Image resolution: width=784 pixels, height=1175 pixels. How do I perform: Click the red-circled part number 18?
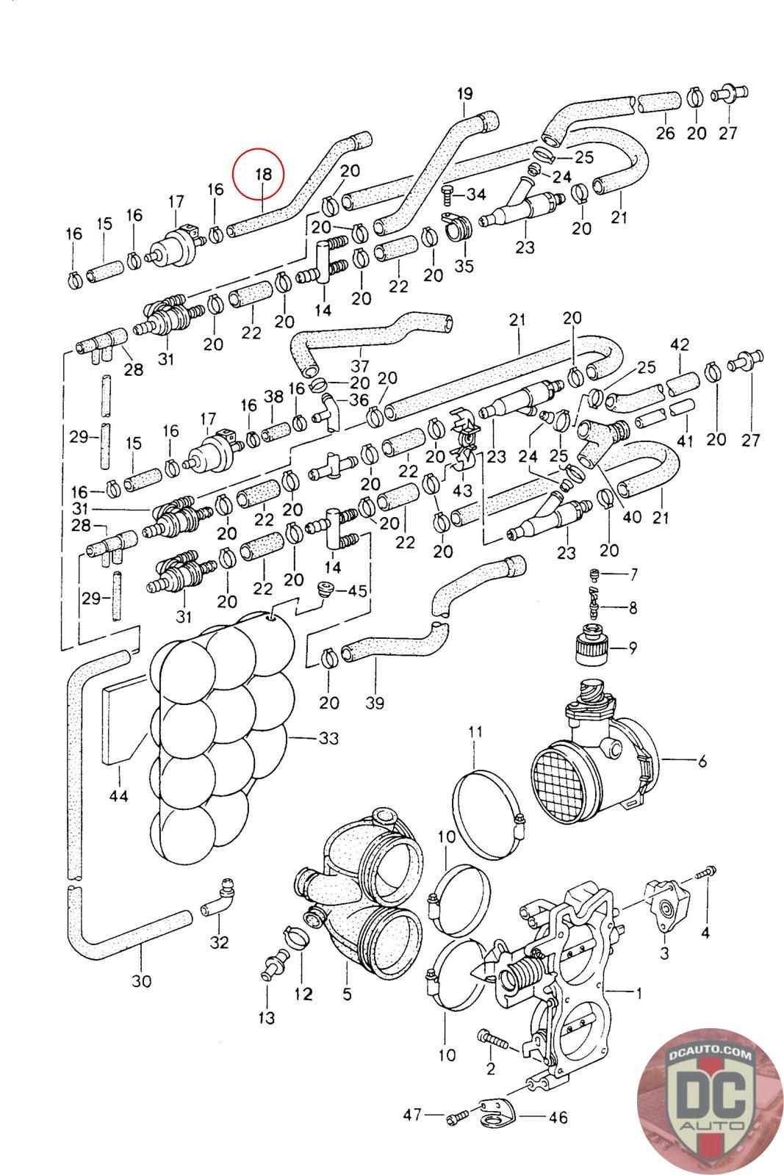click(x=263, y=175)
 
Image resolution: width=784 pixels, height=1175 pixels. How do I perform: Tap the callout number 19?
click(x=464, y=94)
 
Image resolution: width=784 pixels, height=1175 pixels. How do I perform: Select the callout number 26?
click(x=665, y=133)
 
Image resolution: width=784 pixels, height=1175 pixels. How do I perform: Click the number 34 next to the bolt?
click(x=476, y=195)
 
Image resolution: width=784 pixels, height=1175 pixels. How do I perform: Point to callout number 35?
click(x=464, y=265)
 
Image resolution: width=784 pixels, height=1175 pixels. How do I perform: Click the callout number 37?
click(x=359, y=365)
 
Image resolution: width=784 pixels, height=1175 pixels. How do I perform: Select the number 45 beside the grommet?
click(x=357, y=590)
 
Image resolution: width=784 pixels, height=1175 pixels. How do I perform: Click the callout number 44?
click(x=118, y=795)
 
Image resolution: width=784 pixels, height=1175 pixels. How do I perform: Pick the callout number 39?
click(x=375, y=703)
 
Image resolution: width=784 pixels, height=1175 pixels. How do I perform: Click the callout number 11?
click(x=475, y=731)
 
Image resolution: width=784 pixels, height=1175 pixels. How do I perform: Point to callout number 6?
click(x=702, y=762)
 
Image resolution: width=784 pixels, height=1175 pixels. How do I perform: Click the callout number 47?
click(x=412, y=1115)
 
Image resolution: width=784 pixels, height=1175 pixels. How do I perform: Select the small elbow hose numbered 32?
click(x=217, y=900)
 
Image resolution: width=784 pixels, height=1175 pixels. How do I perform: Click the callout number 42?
click(x=680, y=344)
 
